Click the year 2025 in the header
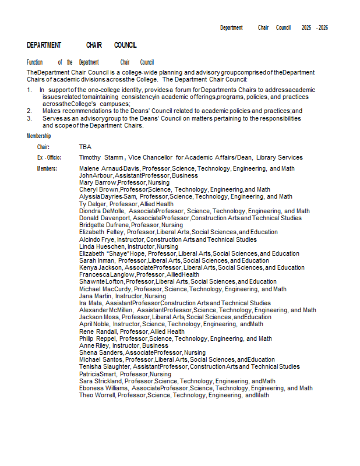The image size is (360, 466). point(306,27)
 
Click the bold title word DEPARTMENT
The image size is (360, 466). point(44,45)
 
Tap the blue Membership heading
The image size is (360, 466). point(38,136)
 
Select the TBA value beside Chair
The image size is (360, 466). point(85,147)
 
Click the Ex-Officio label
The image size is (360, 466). point(49,158)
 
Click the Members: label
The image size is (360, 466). point(47,169)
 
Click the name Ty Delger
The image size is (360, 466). point(93,204)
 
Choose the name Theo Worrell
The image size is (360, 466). point(97,396)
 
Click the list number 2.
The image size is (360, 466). point(29,111)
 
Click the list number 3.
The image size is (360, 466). point(29,118)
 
